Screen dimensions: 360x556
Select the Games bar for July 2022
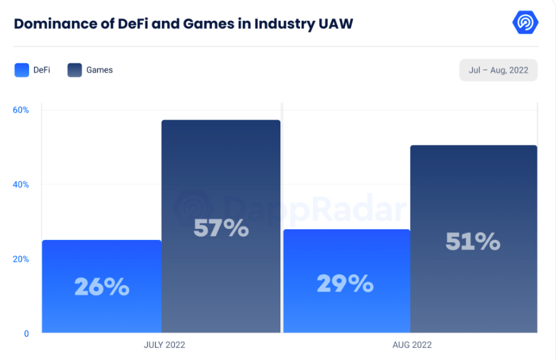click(221, 174)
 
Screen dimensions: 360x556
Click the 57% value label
click(221, 228)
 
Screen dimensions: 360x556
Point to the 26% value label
click(102, 287)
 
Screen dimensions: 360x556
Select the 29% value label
click(345, 283)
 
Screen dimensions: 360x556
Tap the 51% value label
click(472, 242)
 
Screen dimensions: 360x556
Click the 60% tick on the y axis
click(20, 110)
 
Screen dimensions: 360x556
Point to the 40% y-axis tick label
click(20, 185)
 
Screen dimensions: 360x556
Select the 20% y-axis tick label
click(20, 259)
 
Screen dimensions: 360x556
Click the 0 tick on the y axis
click(26, 333)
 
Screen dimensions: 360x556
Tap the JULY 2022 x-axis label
click(164, 345)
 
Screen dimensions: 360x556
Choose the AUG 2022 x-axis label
click(412, 345)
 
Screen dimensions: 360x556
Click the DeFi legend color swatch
click(21, 70)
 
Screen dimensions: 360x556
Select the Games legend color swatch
click(75, 70)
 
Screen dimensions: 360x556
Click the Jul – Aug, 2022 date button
click(498, 70)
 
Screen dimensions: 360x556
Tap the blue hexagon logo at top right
click(525, 23)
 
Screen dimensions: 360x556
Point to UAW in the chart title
click(335, 24)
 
